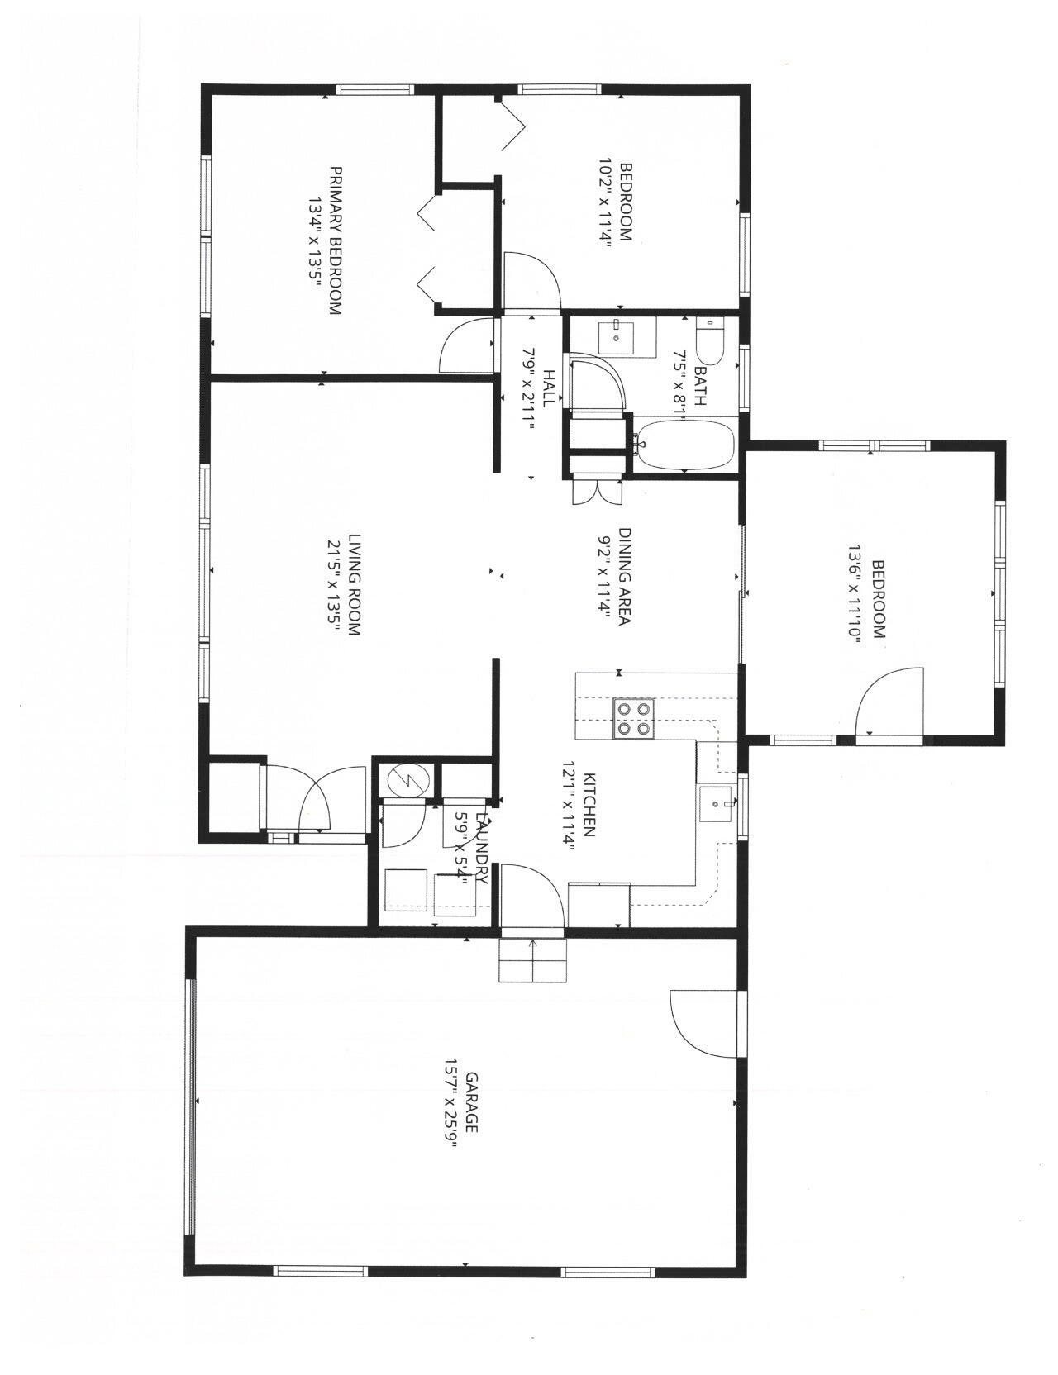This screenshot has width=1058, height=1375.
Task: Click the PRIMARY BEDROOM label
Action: coord(336,240)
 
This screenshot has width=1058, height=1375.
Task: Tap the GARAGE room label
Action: coord(473,1101)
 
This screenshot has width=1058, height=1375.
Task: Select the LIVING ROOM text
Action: coord(354,584)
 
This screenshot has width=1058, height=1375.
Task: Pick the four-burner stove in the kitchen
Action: coord(633,718)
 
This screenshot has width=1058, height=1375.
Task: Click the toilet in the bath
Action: coord(709,340)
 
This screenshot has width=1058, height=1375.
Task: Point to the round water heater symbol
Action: coord(405,778)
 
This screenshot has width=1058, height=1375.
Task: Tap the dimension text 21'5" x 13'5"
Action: coord(334,585)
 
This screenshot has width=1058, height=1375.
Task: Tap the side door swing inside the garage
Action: coord(703,1022)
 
